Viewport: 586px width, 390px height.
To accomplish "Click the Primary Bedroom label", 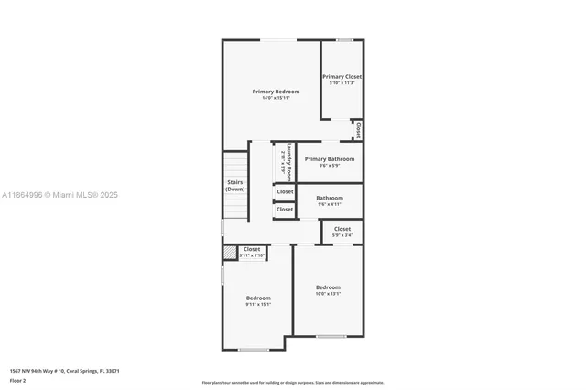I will click(276, 92).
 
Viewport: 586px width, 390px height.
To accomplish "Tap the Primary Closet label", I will click(342, 77).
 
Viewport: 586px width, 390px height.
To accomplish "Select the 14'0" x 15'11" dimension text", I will click(276, 98).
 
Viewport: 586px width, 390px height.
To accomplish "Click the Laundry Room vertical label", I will click(288, 161).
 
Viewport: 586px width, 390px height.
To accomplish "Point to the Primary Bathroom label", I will click(330, 159).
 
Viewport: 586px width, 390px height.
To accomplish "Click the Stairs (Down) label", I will click(235, 186).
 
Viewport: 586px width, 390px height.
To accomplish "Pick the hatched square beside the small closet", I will click(230, 252).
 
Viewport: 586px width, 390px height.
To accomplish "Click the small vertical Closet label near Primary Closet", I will click(358, 131).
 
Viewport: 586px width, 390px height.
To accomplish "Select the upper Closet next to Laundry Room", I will click(285, 191).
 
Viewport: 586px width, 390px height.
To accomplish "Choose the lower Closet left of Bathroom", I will click(285, 210).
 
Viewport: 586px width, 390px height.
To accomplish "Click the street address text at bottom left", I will click(64, 371).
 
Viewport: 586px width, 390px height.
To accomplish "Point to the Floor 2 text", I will click(17, 379).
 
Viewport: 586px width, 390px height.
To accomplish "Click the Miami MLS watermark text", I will click(60, 195).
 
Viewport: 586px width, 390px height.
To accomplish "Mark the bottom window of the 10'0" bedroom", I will click(331, 337).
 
